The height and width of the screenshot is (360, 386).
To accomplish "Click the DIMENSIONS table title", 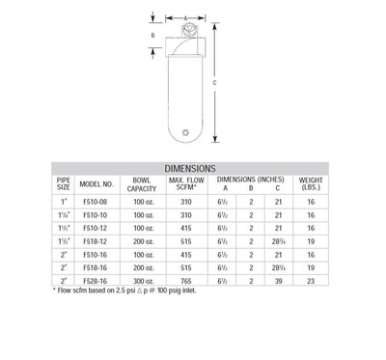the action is click(190, 169).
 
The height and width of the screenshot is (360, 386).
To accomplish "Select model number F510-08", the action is click(95, 202).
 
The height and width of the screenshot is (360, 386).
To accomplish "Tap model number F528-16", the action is click(95, 281).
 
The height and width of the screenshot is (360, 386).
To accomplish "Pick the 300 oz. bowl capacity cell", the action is click(144, 281).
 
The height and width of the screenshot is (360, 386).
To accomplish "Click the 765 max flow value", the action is click(186, 281).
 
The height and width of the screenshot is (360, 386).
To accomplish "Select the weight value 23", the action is click(311, 281).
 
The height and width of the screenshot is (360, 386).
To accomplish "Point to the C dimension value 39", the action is click(279, 281).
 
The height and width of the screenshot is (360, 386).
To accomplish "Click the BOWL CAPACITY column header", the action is click(142, 184).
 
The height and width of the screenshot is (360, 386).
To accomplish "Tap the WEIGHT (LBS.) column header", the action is click(311, 183).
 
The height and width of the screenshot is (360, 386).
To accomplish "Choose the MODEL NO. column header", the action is click(96, 184).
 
